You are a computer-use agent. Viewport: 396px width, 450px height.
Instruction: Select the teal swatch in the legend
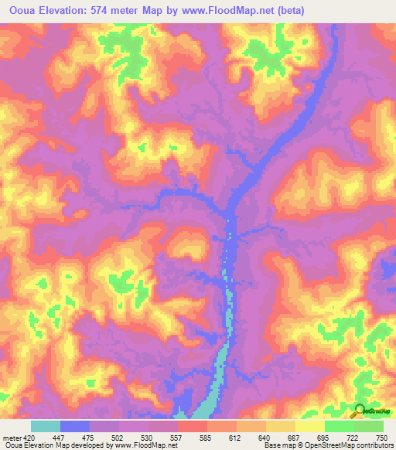46,426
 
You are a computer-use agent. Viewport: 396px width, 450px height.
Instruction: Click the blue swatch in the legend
75,426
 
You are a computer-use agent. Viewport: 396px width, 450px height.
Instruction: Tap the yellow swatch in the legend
309,426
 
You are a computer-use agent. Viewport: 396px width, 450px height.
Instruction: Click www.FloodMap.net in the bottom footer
145,445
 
